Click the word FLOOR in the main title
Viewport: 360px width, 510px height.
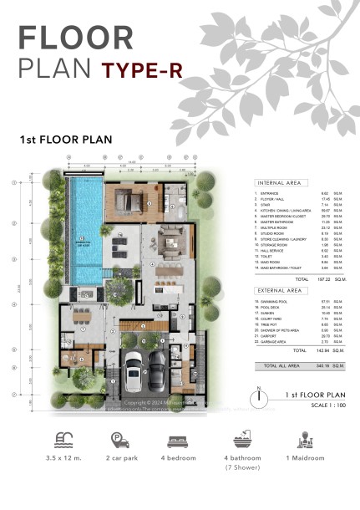(x=76, y=38)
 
